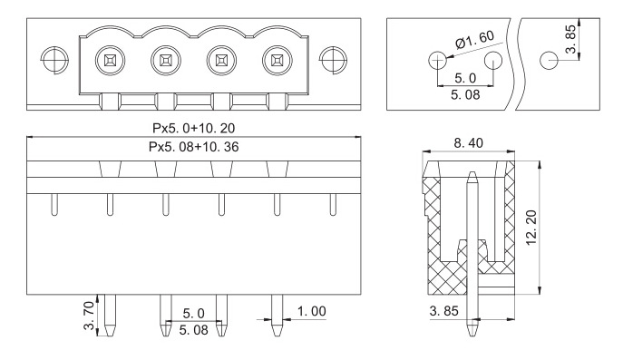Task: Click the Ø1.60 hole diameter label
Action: [x=475, y=39]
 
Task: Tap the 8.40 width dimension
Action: [x=469, y=143]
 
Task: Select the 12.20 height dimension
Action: [x=531, y=228]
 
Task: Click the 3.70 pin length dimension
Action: [x=90, y=316]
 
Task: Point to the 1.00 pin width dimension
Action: [x=312, y=311]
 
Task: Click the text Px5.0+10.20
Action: [x=193, y=128]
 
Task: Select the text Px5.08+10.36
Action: [x=193, y=147]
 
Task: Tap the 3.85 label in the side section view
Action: [x=443, y=311]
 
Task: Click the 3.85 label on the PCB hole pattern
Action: [x=570, y=39]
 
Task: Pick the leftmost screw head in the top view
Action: [x=110, y=61]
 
